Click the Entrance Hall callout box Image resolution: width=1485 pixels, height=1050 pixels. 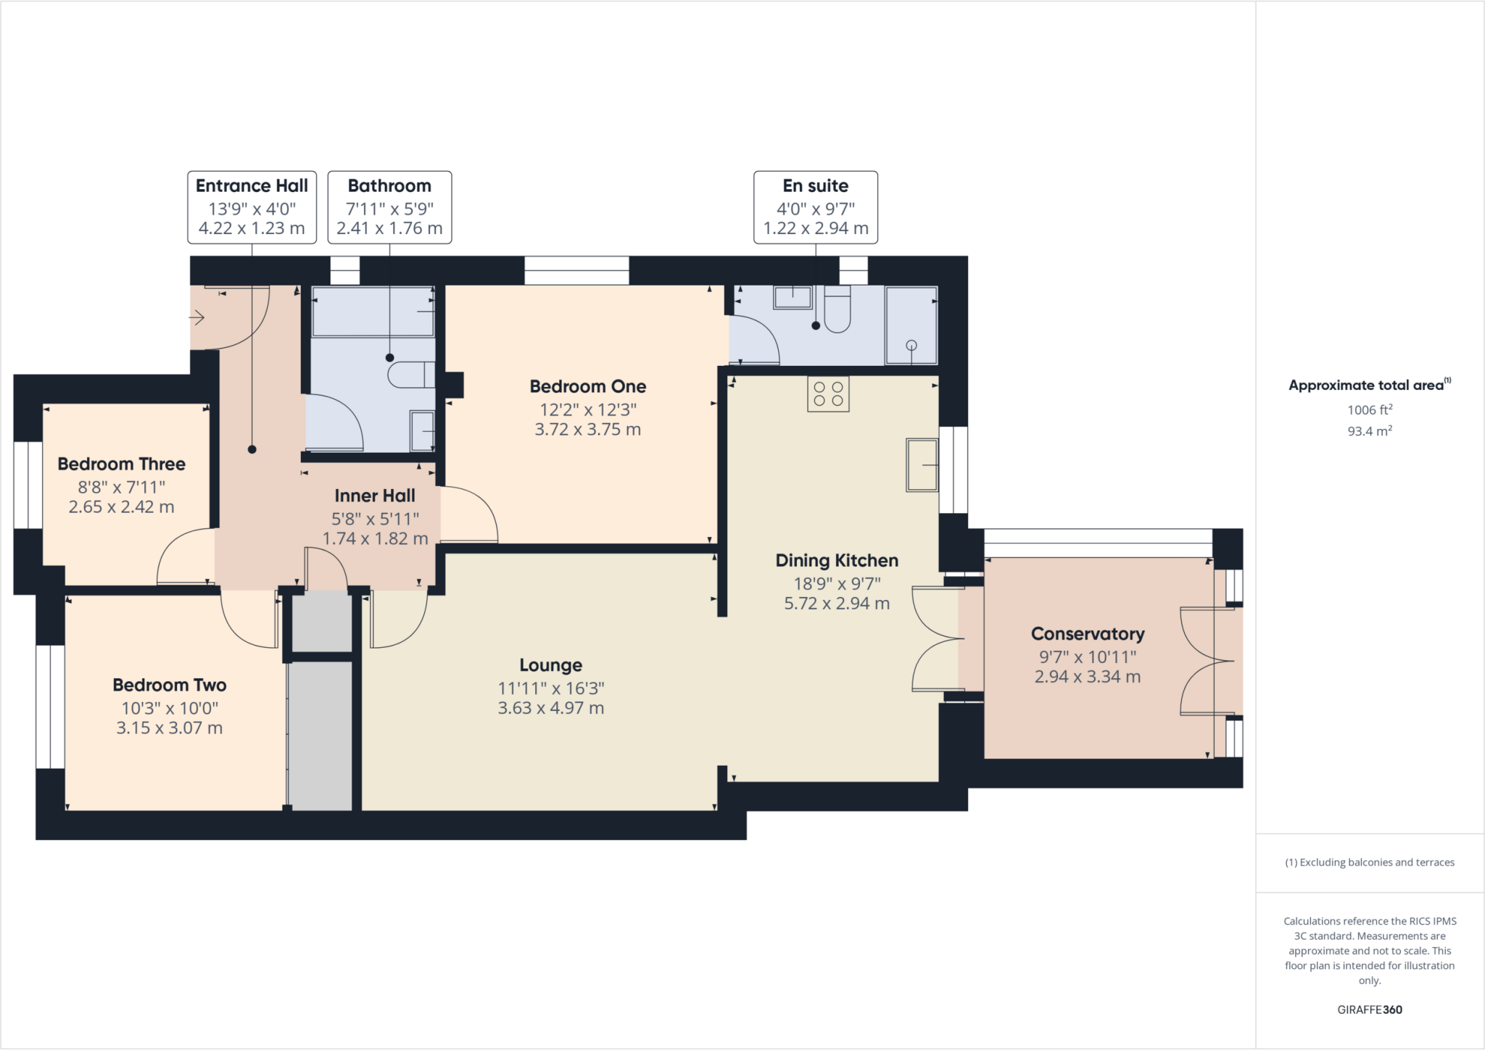point(252,207)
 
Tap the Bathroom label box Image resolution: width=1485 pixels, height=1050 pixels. point(389,207)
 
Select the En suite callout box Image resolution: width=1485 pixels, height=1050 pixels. point(815,207)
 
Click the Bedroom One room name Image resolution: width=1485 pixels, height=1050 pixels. point(587,386)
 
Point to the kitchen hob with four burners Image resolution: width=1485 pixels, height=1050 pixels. point(828,393)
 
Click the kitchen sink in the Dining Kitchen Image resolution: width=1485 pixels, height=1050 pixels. point(922,464)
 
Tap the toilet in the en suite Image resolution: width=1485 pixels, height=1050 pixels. point(837,310)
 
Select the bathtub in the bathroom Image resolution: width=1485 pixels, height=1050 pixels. point(373,312)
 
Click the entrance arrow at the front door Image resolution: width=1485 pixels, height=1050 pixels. point(197,317)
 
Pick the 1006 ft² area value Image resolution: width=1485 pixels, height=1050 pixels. point(1369,409)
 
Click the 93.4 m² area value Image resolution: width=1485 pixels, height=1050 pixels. point(1369,431)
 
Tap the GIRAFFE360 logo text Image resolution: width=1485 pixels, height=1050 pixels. point(1369,1009)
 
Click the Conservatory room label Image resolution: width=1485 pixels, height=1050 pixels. point(1087,634)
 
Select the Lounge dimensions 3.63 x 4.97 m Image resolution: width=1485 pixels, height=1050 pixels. point(550,708)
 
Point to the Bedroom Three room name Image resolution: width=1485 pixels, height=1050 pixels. point(121,464)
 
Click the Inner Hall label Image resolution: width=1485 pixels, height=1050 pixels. point(375,496)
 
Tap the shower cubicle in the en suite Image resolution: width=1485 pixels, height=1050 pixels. point(911,325)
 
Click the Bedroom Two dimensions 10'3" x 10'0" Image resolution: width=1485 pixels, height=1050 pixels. point(170,708)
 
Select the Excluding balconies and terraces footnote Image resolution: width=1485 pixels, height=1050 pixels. point(1369,862)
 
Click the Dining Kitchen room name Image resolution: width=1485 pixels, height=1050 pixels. point(836,560)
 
